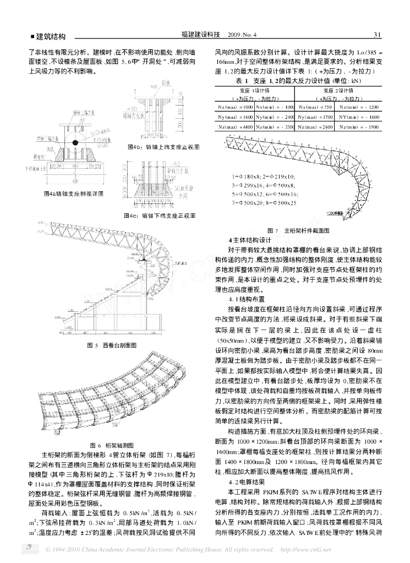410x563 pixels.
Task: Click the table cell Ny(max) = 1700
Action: click(x=315, y=117)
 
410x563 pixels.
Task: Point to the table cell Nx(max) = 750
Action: click(x=314, y=106)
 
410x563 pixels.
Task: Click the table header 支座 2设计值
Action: click(x=336, y=90)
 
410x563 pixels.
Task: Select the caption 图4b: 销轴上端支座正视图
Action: click(x=163, y=147)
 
